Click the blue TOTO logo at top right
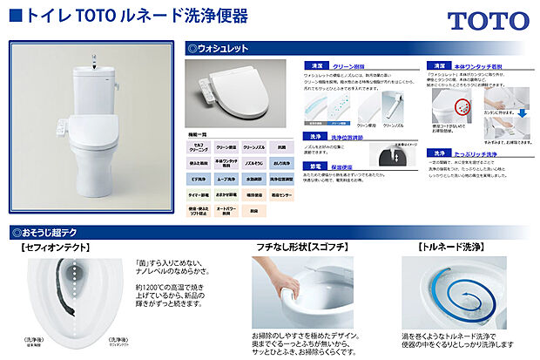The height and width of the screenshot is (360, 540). click(x=488, y=22)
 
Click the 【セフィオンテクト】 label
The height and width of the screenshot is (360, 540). click(x=57, y=248)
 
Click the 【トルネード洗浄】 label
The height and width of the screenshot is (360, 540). click(x=454, y=248)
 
